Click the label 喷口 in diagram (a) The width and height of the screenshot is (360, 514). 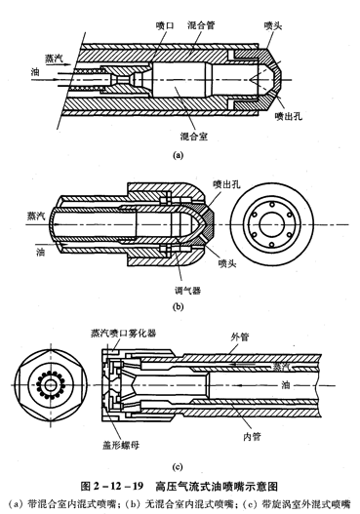[165, 25]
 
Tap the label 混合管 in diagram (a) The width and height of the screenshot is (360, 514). [201, 25]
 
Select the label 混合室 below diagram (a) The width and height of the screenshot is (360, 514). [194, 136]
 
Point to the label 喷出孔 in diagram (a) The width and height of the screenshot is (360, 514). [289, 116]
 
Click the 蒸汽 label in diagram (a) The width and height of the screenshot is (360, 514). [54, 59]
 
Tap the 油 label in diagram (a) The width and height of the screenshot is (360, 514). [35, 72]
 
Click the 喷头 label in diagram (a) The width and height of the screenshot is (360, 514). [273, 25]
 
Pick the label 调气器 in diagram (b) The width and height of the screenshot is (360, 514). [187, 290]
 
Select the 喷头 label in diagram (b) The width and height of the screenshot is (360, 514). [227, 263]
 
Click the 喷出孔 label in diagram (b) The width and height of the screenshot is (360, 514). [226, 184]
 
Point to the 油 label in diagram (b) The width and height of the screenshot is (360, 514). [41, 253]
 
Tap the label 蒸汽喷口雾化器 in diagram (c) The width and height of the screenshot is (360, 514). [123, 334]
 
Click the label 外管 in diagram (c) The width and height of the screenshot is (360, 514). [240, 337]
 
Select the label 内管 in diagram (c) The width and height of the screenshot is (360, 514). [252, 437]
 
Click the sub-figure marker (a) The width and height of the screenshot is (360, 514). [178, 155]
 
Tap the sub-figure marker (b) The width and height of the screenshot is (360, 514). [178, 307]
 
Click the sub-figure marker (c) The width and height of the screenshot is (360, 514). [178, 467]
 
